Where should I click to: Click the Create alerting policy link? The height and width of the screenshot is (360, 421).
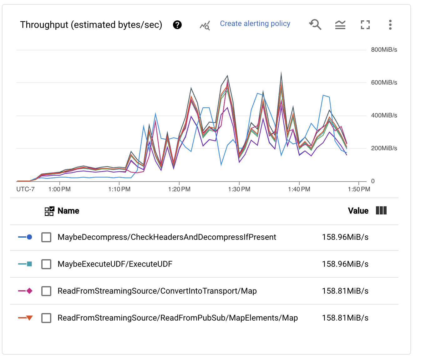click(x=255, y=24)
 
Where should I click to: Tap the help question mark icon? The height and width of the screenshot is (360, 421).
click(x=177, y=25)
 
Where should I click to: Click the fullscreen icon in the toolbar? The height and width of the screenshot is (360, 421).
click(x=365, y=25)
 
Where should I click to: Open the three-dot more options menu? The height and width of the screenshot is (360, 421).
click(x=390, y=25)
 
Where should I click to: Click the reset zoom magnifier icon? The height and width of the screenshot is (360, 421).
click(x=315, y=24)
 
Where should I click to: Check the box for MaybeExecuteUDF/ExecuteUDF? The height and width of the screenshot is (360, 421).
click(x=46, y=264)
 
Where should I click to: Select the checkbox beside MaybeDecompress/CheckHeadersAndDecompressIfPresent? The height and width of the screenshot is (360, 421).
click(x=46, y=237)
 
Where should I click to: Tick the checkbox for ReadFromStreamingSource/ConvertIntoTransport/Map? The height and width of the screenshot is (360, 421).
click(x=46, y=291)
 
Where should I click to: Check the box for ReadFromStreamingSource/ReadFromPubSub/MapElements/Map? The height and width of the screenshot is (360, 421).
click(x=46, y=318)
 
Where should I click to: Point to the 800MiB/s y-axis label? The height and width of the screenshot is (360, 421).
click(x=384, y=50)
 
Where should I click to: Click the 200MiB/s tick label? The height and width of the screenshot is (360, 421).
click(x=384, y=148)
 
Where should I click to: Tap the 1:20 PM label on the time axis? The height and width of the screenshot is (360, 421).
click(x=179, y=189)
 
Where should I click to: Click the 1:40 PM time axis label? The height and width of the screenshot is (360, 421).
click(x=299, y=189)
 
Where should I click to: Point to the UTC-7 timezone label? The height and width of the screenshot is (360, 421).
click(x=25, y=189)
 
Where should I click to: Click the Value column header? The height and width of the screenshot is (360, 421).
click(x=358, y=211)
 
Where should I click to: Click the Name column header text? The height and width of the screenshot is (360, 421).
click(x=68, y=211)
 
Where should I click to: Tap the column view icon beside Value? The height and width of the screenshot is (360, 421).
click(x=381, y=211)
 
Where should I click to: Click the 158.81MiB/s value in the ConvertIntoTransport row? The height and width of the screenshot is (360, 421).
click(x=345, y=291)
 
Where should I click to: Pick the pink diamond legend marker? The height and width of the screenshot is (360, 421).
click(x=29, y=291)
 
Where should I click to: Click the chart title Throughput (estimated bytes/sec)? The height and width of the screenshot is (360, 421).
click(x=91, y=25)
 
